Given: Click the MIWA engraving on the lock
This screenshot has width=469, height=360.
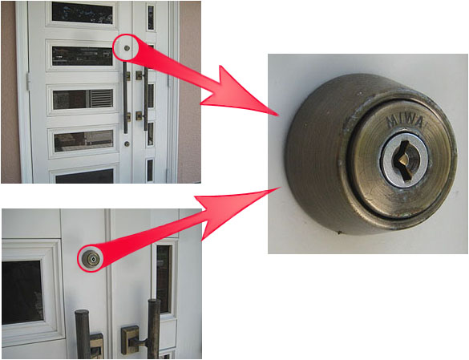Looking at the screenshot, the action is coord(405,122).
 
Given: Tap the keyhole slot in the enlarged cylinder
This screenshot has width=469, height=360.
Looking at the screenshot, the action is coord(403,161).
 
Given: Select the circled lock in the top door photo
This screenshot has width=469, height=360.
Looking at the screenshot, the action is coord(127,48).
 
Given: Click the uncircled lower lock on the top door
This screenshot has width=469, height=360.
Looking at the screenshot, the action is coord(127,144).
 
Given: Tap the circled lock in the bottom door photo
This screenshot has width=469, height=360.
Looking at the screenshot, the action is coord(91,258).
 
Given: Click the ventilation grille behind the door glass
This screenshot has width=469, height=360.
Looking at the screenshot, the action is coord(101,99).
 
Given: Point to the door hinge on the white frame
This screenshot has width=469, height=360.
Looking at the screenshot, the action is coord(29,82).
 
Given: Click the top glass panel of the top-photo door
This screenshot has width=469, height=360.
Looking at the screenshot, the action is coord(83,13).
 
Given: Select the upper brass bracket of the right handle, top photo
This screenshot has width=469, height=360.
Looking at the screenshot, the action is coord(139,75).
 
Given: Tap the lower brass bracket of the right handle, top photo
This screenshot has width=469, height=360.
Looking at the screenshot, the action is coord(139,115).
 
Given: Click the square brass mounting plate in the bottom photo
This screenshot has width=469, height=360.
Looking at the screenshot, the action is coord(131,340).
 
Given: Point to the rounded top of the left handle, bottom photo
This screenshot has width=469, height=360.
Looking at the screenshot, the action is coord(82,313).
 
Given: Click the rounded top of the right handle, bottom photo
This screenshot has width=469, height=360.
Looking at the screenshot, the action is coord(154,303).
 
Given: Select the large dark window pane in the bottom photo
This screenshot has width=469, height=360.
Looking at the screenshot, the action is coord(22,293).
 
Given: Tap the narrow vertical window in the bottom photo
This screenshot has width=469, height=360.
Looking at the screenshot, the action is coord(164,279).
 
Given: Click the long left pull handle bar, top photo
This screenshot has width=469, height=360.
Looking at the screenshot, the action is coord(125,98).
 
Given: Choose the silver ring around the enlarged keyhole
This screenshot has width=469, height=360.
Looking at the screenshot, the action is coord(404,161).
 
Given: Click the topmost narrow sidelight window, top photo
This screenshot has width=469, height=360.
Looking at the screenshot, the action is coord(151,18).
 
